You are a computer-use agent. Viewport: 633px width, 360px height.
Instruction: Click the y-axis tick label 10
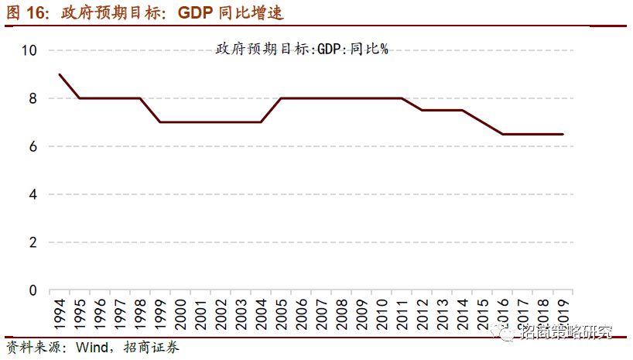tap(29, 50)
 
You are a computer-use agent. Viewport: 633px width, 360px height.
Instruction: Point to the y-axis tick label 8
tap(33, 98)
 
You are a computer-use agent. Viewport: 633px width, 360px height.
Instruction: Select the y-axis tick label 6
tap(33, 146)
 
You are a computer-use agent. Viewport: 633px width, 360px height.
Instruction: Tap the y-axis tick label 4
tap(33, 194)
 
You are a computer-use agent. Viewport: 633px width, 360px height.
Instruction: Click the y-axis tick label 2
tap(33, 242)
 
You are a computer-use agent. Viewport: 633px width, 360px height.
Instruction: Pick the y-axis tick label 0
tap(33, 290)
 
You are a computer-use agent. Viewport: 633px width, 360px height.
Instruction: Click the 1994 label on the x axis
tap(59, 313)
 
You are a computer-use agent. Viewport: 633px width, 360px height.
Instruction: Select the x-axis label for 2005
tap(281, 313)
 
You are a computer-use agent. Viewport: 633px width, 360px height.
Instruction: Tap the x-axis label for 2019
tap(563, 313)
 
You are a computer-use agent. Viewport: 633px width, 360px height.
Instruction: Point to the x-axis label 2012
tap(422, 313)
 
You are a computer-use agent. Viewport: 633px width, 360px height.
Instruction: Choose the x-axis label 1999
tap(159, 313)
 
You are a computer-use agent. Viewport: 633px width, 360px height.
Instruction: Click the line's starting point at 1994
tap(59, 74)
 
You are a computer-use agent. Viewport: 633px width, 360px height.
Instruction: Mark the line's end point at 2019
tap(563, 134)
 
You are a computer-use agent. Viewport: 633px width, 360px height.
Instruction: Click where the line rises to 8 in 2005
tap(281, 98)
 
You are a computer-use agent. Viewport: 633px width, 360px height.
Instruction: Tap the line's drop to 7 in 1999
tap(159, 122)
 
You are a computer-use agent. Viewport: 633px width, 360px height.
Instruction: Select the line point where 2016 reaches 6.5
tap(503, 134)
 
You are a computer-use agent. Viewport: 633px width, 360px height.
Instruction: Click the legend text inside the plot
tap(301, 49)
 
